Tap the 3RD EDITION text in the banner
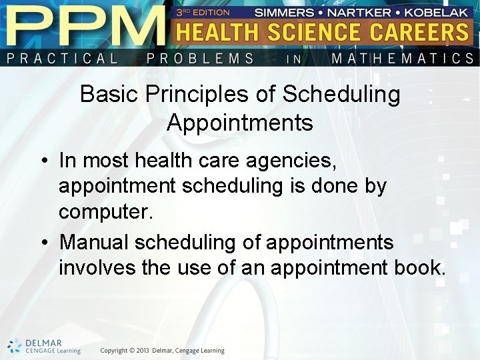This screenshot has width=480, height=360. [x=203, y=12]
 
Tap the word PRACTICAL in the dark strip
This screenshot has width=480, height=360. [x=63, y=58]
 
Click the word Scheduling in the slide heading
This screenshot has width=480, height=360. [x=341, y=95]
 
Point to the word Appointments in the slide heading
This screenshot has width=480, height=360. [x=240, y=123]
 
